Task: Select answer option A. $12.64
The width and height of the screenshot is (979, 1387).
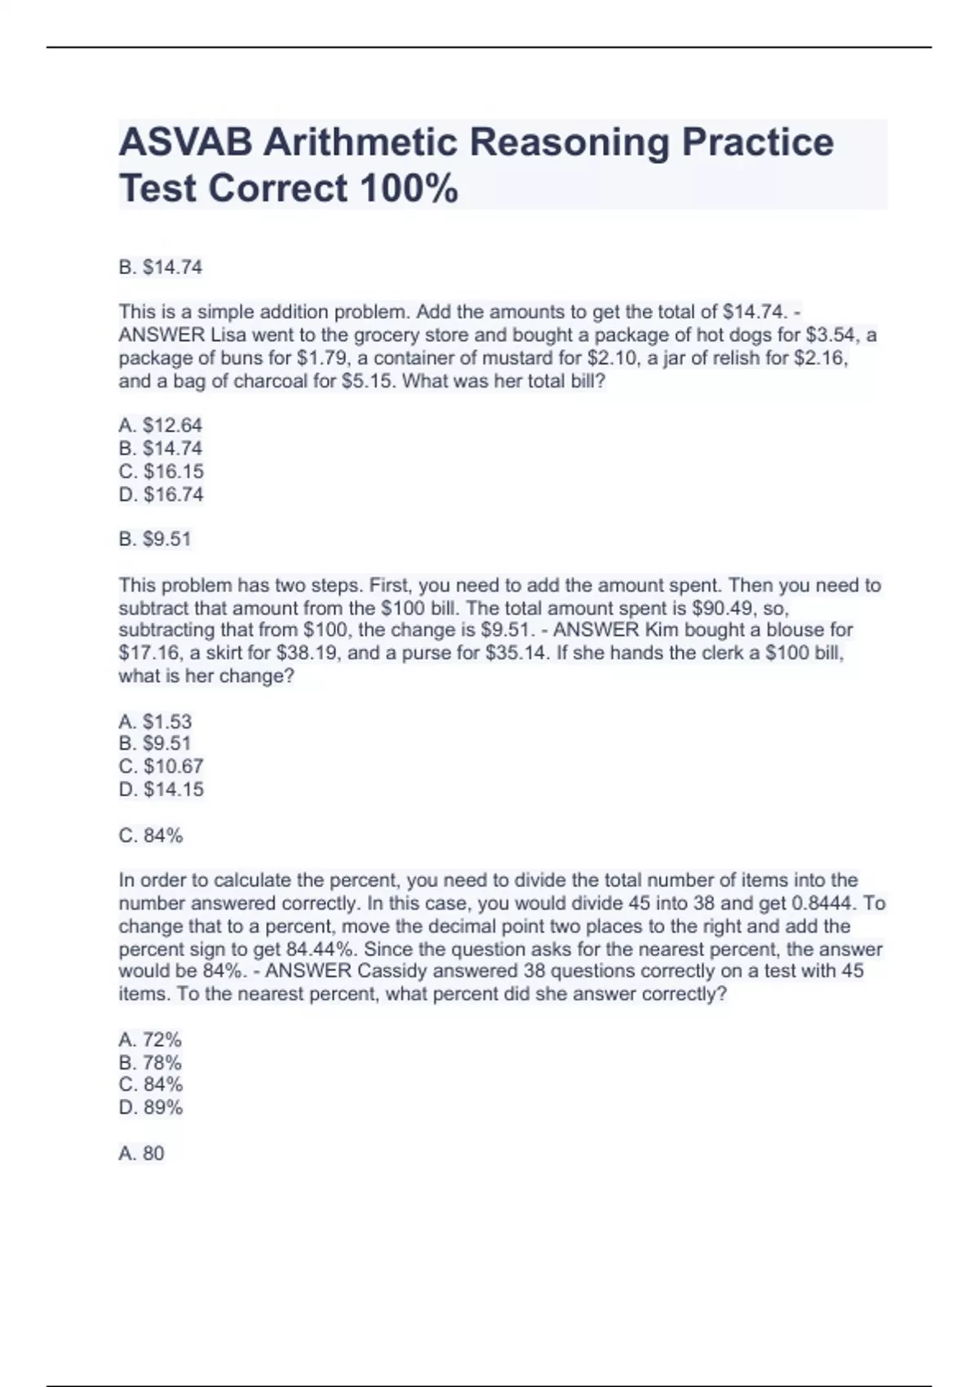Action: click(160, 425)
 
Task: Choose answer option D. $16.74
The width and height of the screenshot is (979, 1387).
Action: click(161, 494)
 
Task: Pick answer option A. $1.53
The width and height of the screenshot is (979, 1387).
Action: click(155, 721)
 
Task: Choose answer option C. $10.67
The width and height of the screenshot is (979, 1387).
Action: click(161, 766)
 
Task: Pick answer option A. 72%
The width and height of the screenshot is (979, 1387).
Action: click(150, 1039)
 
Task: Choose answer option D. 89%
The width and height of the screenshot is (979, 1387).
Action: click(151, 1107)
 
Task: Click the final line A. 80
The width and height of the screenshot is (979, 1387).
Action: click(142, 1153)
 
